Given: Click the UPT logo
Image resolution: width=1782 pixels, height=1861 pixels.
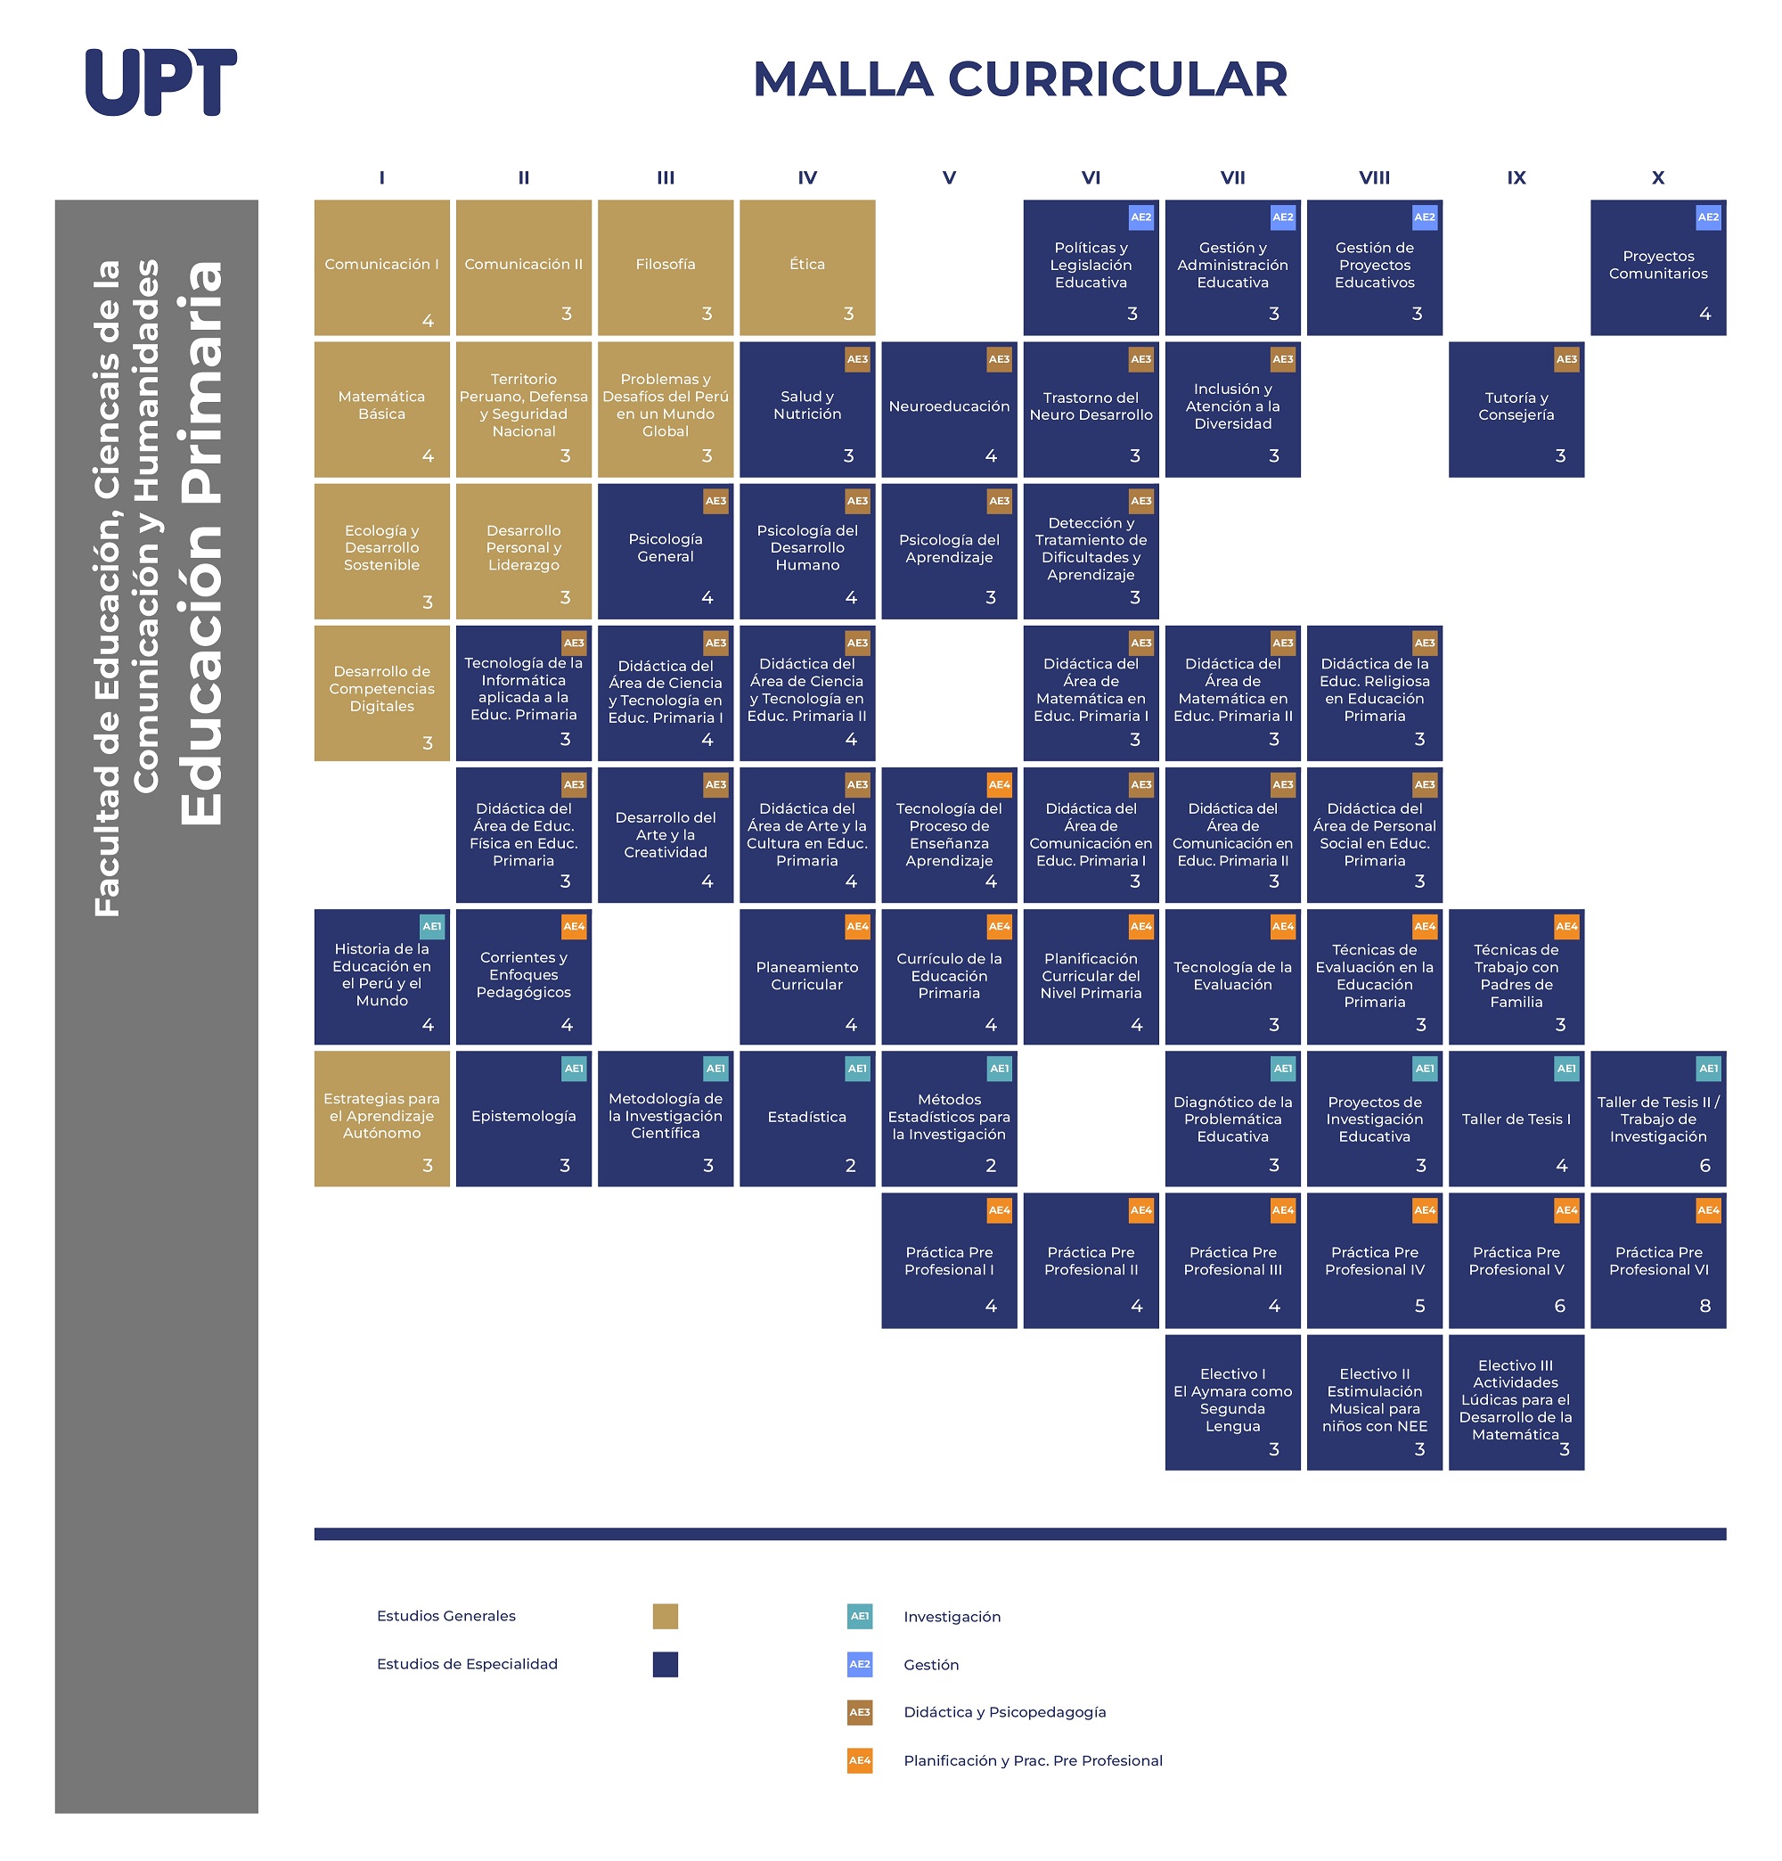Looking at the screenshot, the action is pyautogui.click(x=160, y=83).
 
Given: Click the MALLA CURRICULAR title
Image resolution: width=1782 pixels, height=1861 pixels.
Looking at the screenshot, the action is pyautogui.click(x=1019, y=78).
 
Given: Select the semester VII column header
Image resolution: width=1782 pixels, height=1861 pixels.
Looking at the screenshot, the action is pyautogui.click(x=1232, y=177).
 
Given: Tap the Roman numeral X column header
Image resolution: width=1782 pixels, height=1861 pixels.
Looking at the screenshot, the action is pyautogui.click(x=1657, y=177).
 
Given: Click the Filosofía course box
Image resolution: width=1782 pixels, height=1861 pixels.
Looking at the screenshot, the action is pyautogui.click(x=666, y=266).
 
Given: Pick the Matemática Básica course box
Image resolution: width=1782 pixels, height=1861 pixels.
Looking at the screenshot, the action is pyautogui.click(x=381, y=409).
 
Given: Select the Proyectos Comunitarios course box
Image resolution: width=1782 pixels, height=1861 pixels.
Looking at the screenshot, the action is pyautogui.click(x=1657, y=266).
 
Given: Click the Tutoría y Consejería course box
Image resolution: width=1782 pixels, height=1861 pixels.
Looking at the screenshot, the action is pyautogui.click(x=1516, y=409).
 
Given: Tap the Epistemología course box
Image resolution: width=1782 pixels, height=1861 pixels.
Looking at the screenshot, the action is pyautogui.click(x=523, y=1119).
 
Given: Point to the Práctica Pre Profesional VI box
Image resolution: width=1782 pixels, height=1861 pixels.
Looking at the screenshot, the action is pyautogui.click(x=1657, y=1260).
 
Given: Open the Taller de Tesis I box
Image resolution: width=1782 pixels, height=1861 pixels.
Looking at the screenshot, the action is pyautogui.click(x=1516, y=1119).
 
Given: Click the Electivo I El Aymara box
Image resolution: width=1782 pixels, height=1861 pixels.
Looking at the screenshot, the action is pyautogui.click(x=1232, y=1402).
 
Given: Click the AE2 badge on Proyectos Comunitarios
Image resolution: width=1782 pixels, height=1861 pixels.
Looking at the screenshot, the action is pyautogui.click(x=1708, y=217).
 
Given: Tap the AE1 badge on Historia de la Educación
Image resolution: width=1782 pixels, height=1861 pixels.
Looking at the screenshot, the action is pyautogui.click(x=432, y=927).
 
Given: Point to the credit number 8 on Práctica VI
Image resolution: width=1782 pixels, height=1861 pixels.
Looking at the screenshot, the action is pyautogui.click(x=1704, y=1306).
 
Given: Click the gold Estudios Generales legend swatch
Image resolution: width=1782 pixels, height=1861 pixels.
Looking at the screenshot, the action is pyautogui.click(x=666, y=1616).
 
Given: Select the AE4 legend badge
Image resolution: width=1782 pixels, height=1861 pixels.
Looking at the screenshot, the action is pyautogui.click(x=859, y=1760).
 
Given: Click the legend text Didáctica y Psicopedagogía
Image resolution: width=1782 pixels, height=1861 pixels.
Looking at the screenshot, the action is pyautogui.click(x=1004, y=1712).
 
